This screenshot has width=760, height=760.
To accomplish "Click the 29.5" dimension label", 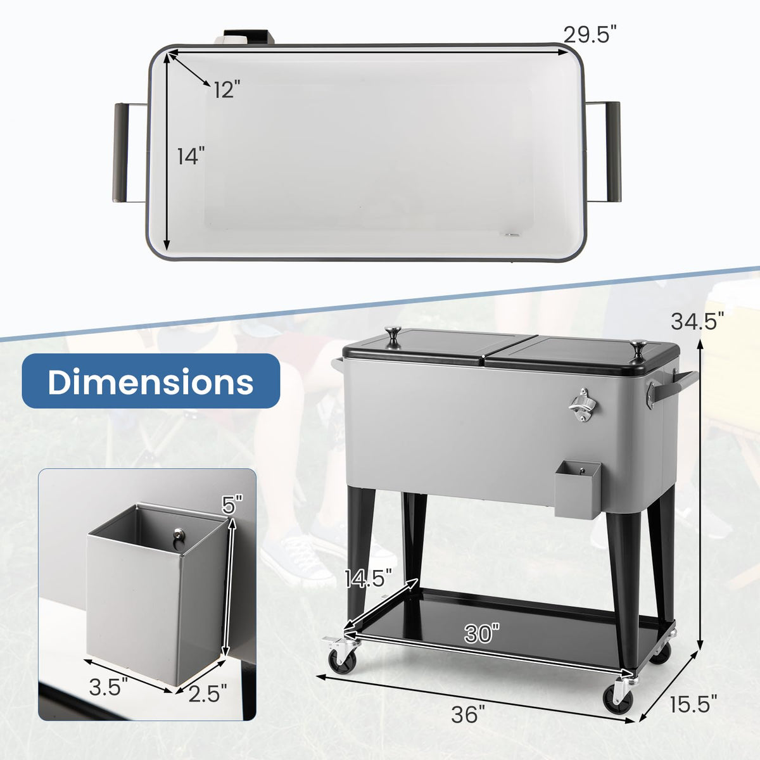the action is [x=590, y=34].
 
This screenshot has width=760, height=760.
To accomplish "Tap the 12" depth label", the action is [x=227, y=89].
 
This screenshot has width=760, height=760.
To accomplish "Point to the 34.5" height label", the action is [x=698, y=320].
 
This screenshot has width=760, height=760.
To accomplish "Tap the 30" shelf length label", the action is [x=481, y=634].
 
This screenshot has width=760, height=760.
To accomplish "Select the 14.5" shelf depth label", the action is [x=369, y=578].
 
